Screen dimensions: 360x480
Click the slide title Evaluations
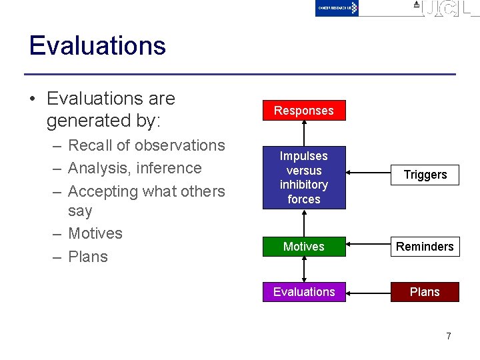97,46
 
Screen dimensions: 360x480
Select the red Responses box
303,111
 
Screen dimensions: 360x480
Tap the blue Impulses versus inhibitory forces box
303,177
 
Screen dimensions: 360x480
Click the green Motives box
303,247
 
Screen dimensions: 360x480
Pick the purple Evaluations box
303,292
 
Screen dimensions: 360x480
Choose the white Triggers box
425,175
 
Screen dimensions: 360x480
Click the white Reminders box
425,247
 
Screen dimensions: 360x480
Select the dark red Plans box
425,292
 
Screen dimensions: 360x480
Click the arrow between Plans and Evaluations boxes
368,292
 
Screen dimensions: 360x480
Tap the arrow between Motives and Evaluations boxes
304,269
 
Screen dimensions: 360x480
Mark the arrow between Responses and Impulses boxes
304,133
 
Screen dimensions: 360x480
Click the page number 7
448,336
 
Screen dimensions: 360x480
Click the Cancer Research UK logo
337,8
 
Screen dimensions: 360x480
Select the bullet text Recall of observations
147,145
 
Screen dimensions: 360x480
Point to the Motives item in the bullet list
95,233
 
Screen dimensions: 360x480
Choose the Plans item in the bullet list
88,257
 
